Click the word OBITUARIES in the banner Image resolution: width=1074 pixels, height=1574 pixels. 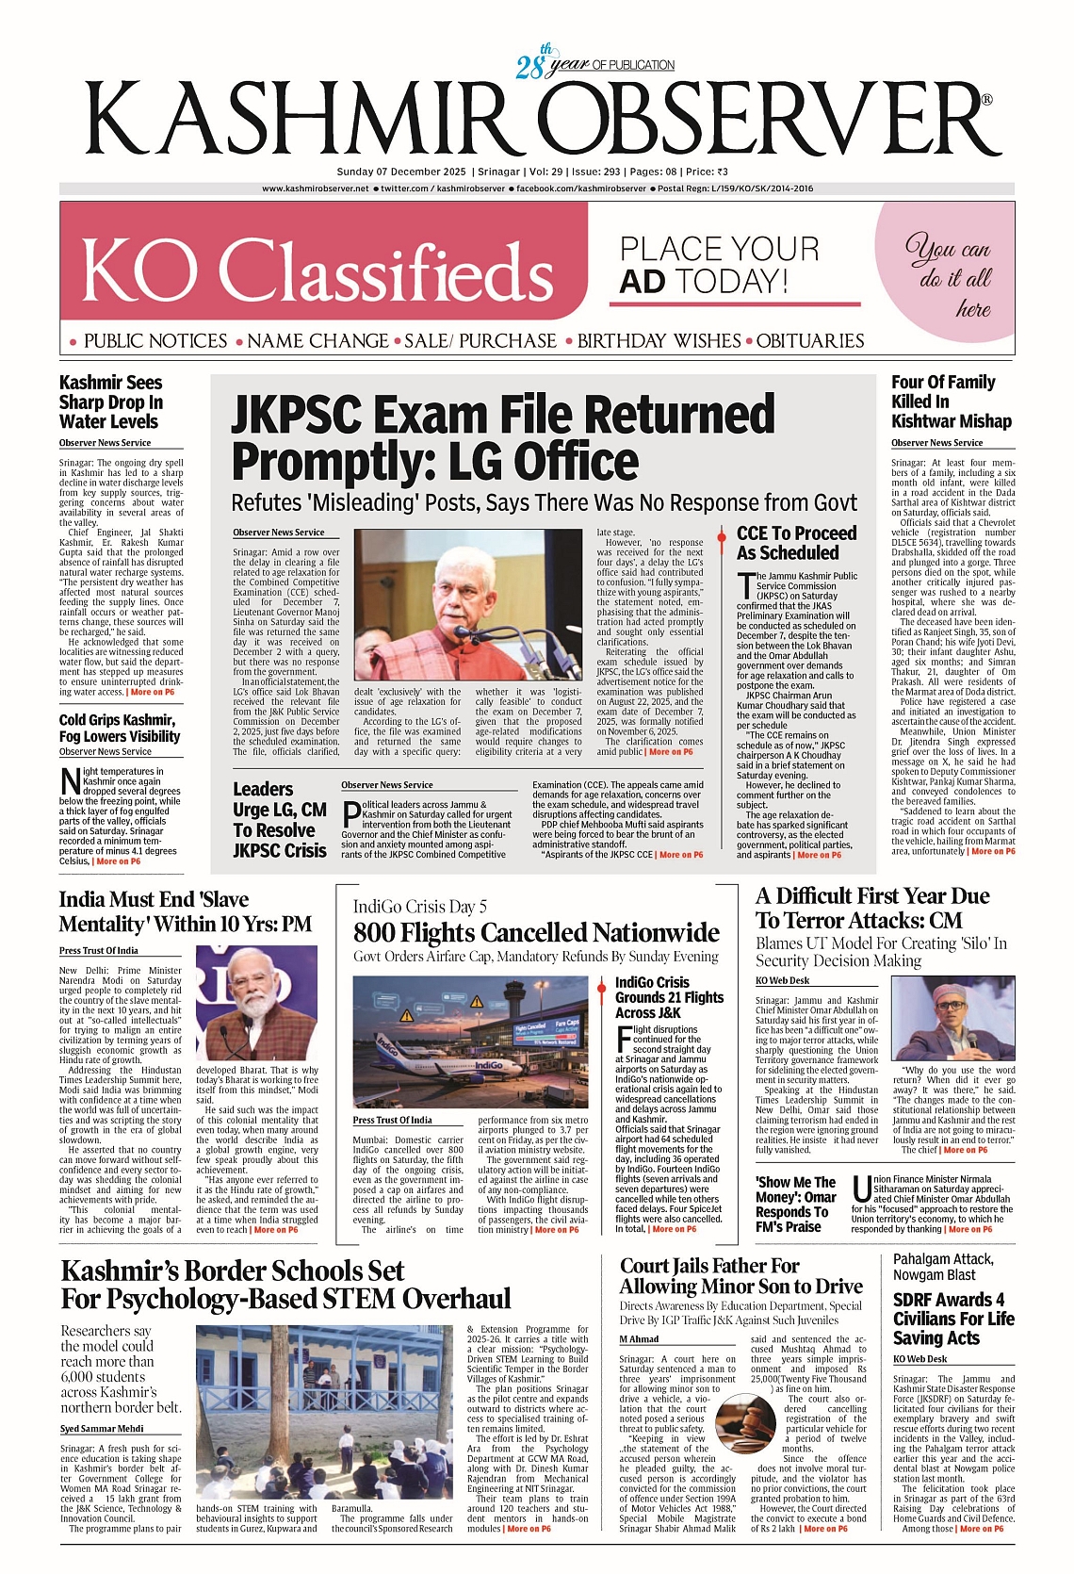click(x=810, y=340)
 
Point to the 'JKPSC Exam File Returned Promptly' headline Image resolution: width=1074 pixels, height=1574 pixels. click(x=503, y=437)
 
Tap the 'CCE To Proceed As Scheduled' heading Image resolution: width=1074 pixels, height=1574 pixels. click(x=796, y=543)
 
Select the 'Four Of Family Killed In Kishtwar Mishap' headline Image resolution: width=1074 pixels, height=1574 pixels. click(x=951, y=402)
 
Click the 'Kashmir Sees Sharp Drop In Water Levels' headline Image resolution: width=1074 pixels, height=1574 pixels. click(x=110, y=402)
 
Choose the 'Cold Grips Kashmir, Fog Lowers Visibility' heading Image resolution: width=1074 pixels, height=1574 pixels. click(x=119, y=728)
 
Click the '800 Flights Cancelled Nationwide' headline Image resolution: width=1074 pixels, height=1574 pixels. click(x=536, y=932)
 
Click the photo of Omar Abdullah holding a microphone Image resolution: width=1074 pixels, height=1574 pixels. click(x=952, y=1019)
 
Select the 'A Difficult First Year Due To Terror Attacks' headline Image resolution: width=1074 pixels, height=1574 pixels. click(x=872, y=908)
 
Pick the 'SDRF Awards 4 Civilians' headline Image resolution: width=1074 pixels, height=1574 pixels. click(x=952, y=1318)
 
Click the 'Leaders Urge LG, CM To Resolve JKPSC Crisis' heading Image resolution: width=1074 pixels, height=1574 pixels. click(x=280, y=819)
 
